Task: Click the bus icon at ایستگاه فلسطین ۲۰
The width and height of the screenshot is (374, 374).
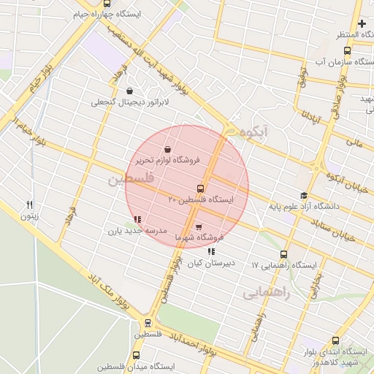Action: (200, 188)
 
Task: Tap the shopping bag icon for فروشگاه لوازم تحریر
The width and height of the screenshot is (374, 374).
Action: (168, 149)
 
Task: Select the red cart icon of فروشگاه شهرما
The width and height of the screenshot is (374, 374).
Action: (199, 226)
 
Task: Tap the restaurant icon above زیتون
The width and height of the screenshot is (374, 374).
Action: (30, 205)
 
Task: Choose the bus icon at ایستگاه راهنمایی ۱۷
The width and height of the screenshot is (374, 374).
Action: (283, 255)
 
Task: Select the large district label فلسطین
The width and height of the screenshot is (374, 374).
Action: (131, 178)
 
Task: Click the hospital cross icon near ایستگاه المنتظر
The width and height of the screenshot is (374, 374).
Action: (361, 24)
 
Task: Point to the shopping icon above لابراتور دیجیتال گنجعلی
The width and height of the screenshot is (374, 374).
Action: (130, 91)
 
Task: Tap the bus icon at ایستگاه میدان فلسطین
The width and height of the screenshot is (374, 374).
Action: (136, 356)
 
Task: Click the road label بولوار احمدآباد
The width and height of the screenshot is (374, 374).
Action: (205, 346)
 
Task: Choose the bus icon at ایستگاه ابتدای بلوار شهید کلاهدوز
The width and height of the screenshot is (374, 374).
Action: (335, 340)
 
